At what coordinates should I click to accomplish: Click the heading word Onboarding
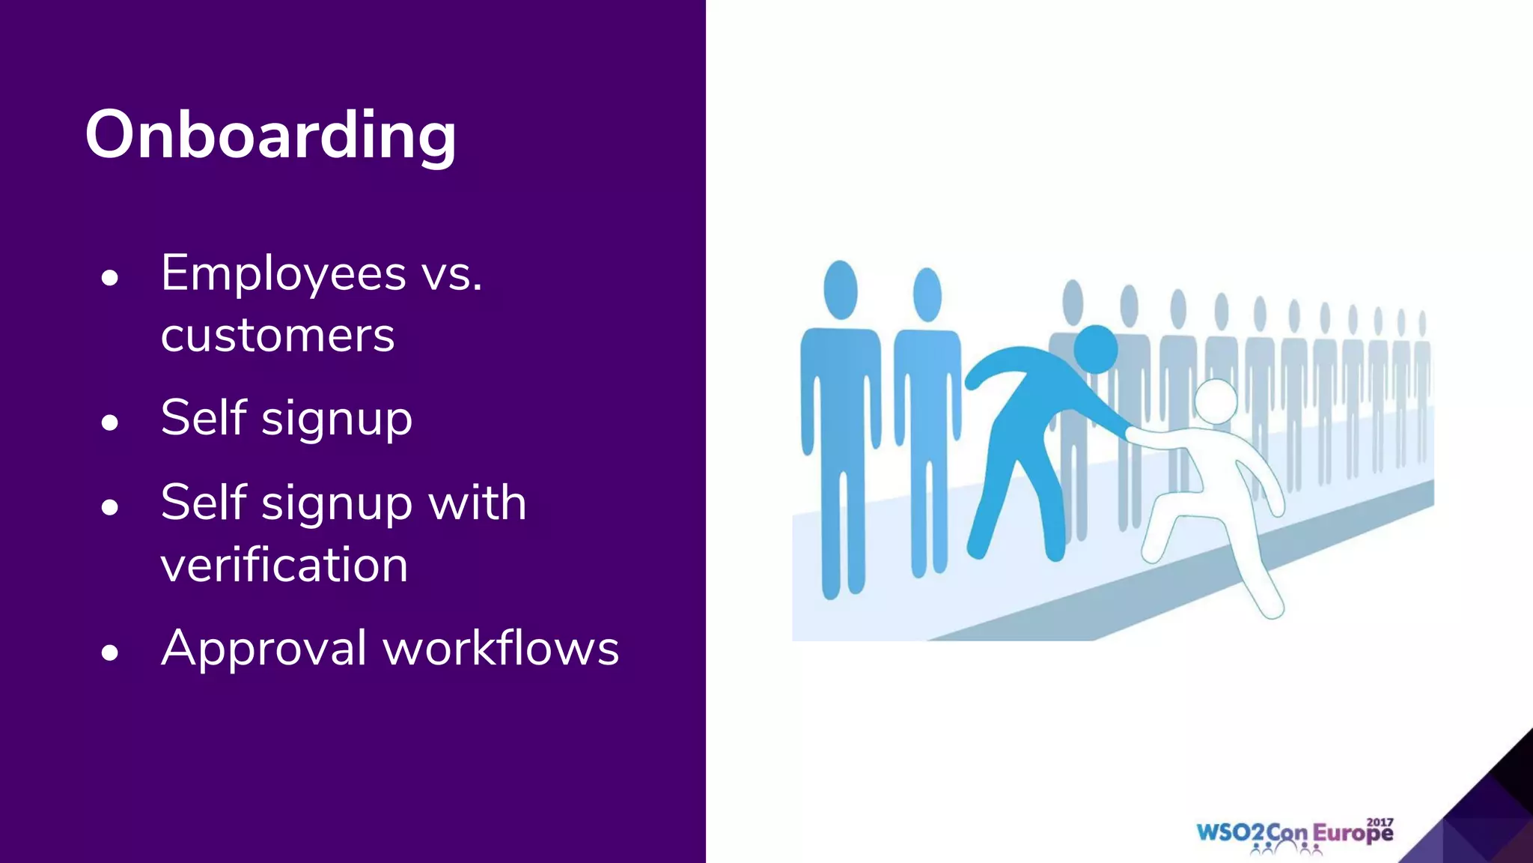pyautogui.click(x=270, y=135)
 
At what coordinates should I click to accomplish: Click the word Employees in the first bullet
pyautogui.click(x=283, y=274)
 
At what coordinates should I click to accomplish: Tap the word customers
pyautogui.click(x=277, y=336)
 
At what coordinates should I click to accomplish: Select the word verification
pyautogui.click(x=284, y=565)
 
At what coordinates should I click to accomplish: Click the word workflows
pyautogui.click(x=501, y=649)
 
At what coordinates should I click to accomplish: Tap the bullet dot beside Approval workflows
pyautogui.click(x=110, y=652)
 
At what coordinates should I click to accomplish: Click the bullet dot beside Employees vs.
pyautogui.click(x=110, y=279)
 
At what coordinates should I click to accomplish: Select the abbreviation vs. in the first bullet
pyautogui.click(x=452, y=274)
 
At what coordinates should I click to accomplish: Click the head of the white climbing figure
pyautogui.click(x=1215, y=401)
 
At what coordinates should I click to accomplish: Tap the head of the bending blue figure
pyautogui.click(x=1096, y=349)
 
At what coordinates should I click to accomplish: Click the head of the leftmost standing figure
pyautogui.click(x=841, y=290)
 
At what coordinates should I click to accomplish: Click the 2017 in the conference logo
pyautogui.click(x=1380, y=822)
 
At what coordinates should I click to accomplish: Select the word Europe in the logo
pyautogui.click(x=1353, y=834)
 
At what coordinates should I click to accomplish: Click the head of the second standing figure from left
pyautogui.click(x=927, y=294)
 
